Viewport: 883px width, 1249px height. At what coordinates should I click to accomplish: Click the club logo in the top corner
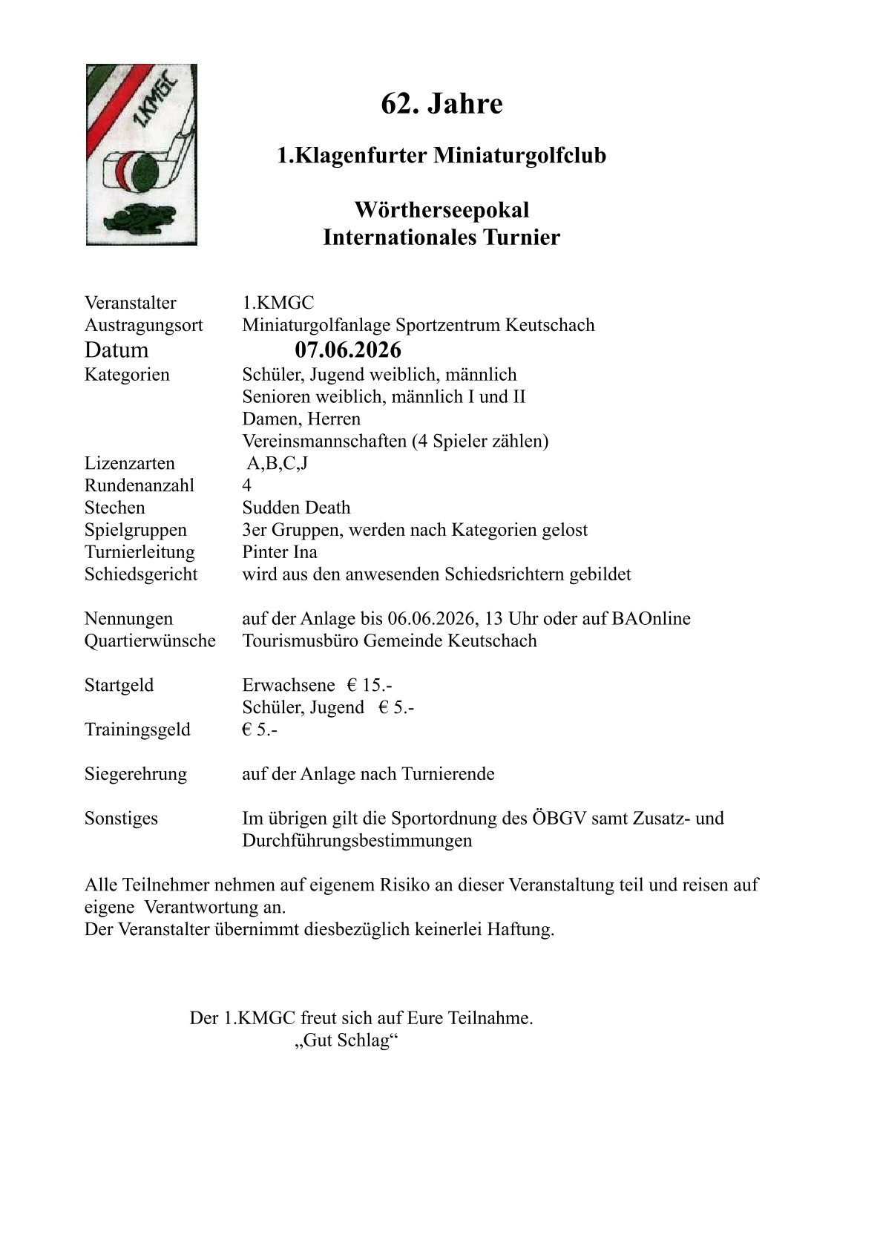[x=141, y=154]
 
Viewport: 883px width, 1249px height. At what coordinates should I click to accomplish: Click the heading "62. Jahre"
[x=441, y=104]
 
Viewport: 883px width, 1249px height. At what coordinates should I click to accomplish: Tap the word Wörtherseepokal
[x=441, y=210]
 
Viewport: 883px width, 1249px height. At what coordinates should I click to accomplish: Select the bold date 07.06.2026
[x=347, y=350]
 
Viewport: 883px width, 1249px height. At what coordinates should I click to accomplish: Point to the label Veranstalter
[x=131, y=303]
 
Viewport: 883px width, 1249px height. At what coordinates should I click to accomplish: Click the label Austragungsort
[x=143, y=325]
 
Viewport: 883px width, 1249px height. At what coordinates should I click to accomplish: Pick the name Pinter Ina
[x=280, y=552]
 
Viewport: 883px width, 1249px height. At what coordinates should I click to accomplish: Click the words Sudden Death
[x=296, y=508]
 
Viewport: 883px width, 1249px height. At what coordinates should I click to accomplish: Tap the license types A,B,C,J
[x=277, y=464]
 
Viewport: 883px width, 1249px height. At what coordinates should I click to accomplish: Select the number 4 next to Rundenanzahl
[x=247, y=485]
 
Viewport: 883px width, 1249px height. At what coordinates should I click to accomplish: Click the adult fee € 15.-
[x=370, y=685]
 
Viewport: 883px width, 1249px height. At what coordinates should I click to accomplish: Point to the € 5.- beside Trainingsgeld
[x=260, y=730]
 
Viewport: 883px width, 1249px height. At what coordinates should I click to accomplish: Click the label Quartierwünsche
[x=150, y=640]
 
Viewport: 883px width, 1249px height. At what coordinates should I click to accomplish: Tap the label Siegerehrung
[x=136, y=774]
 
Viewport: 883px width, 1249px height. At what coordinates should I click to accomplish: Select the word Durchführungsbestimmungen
[x=357, y=841]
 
